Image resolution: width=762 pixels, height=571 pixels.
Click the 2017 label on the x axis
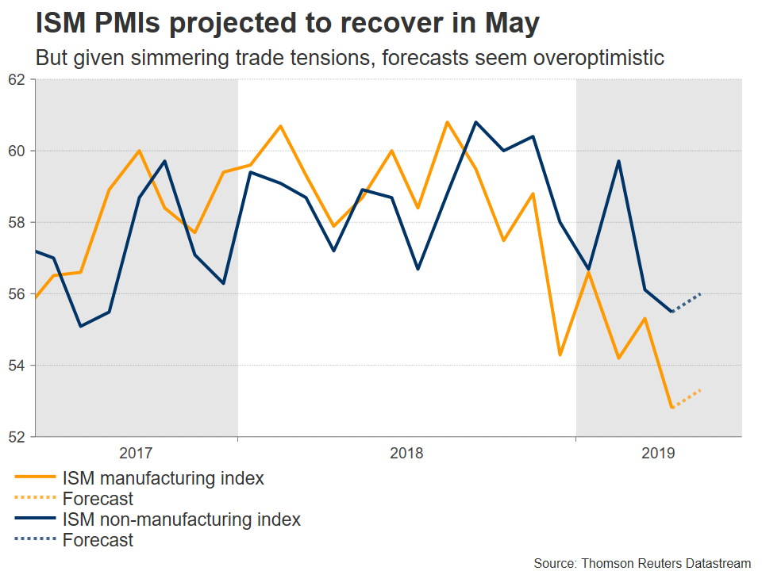(136, 454)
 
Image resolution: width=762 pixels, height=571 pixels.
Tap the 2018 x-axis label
(406, 454)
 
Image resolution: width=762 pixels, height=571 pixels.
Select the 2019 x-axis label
(658, 454)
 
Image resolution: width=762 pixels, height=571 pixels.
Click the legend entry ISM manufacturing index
(162, 479)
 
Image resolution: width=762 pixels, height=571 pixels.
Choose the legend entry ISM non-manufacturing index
(181, 520)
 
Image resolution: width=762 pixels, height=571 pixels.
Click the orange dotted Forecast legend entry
(97, 500)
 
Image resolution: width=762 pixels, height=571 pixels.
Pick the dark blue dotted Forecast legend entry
(97, 541)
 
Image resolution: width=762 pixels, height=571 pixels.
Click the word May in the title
(510, 25)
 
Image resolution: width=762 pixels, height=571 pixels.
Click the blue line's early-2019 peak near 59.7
(618, 161)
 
